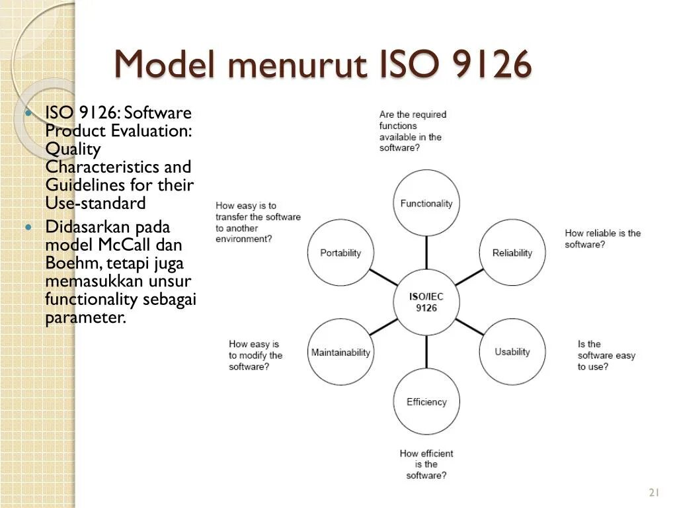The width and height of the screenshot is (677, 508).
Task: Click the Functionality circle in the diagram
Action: tap(426, 203)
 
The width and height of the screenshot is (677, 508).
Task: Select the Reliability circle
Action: tap(512, 253)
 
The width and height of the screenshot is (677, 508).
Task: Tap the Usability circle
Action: tap(512, 352)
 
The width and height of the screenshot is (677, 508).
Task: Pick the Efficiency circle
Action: tap(426, 402)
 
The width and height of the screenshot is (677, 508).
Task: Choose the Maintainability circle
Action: tap(340, 352)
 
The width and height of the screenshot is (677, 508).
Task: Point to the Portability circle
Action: tap(340, 253)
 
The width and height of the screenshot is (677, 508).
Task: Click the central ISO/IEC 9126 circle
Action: tap(426, 302)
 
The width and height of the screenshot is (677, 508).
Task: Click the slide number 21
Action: tap(655, 492)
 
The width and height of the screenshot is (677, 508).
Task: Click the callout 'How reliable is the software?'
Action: tap(602, 239)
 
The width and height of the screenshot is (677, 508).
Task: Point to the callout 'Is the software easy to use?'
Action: tap(606, 355)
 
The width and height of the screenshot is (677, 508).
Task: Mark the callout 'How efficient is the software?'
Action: tap(426, 464)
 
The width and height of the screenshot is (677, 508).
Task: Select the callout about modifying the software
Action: tap(255, 355)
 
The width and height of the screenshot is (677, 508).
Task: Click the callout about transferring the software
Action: tap(257, 222)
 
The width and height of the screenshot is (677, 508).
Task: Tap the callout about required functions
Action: tap(413, 131)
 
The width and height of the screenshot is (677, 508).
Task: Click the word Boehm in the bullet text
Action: tap(68, 263)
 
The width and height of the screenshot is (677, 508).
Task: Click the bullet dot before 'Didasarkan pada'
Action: tap(28, 227)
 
